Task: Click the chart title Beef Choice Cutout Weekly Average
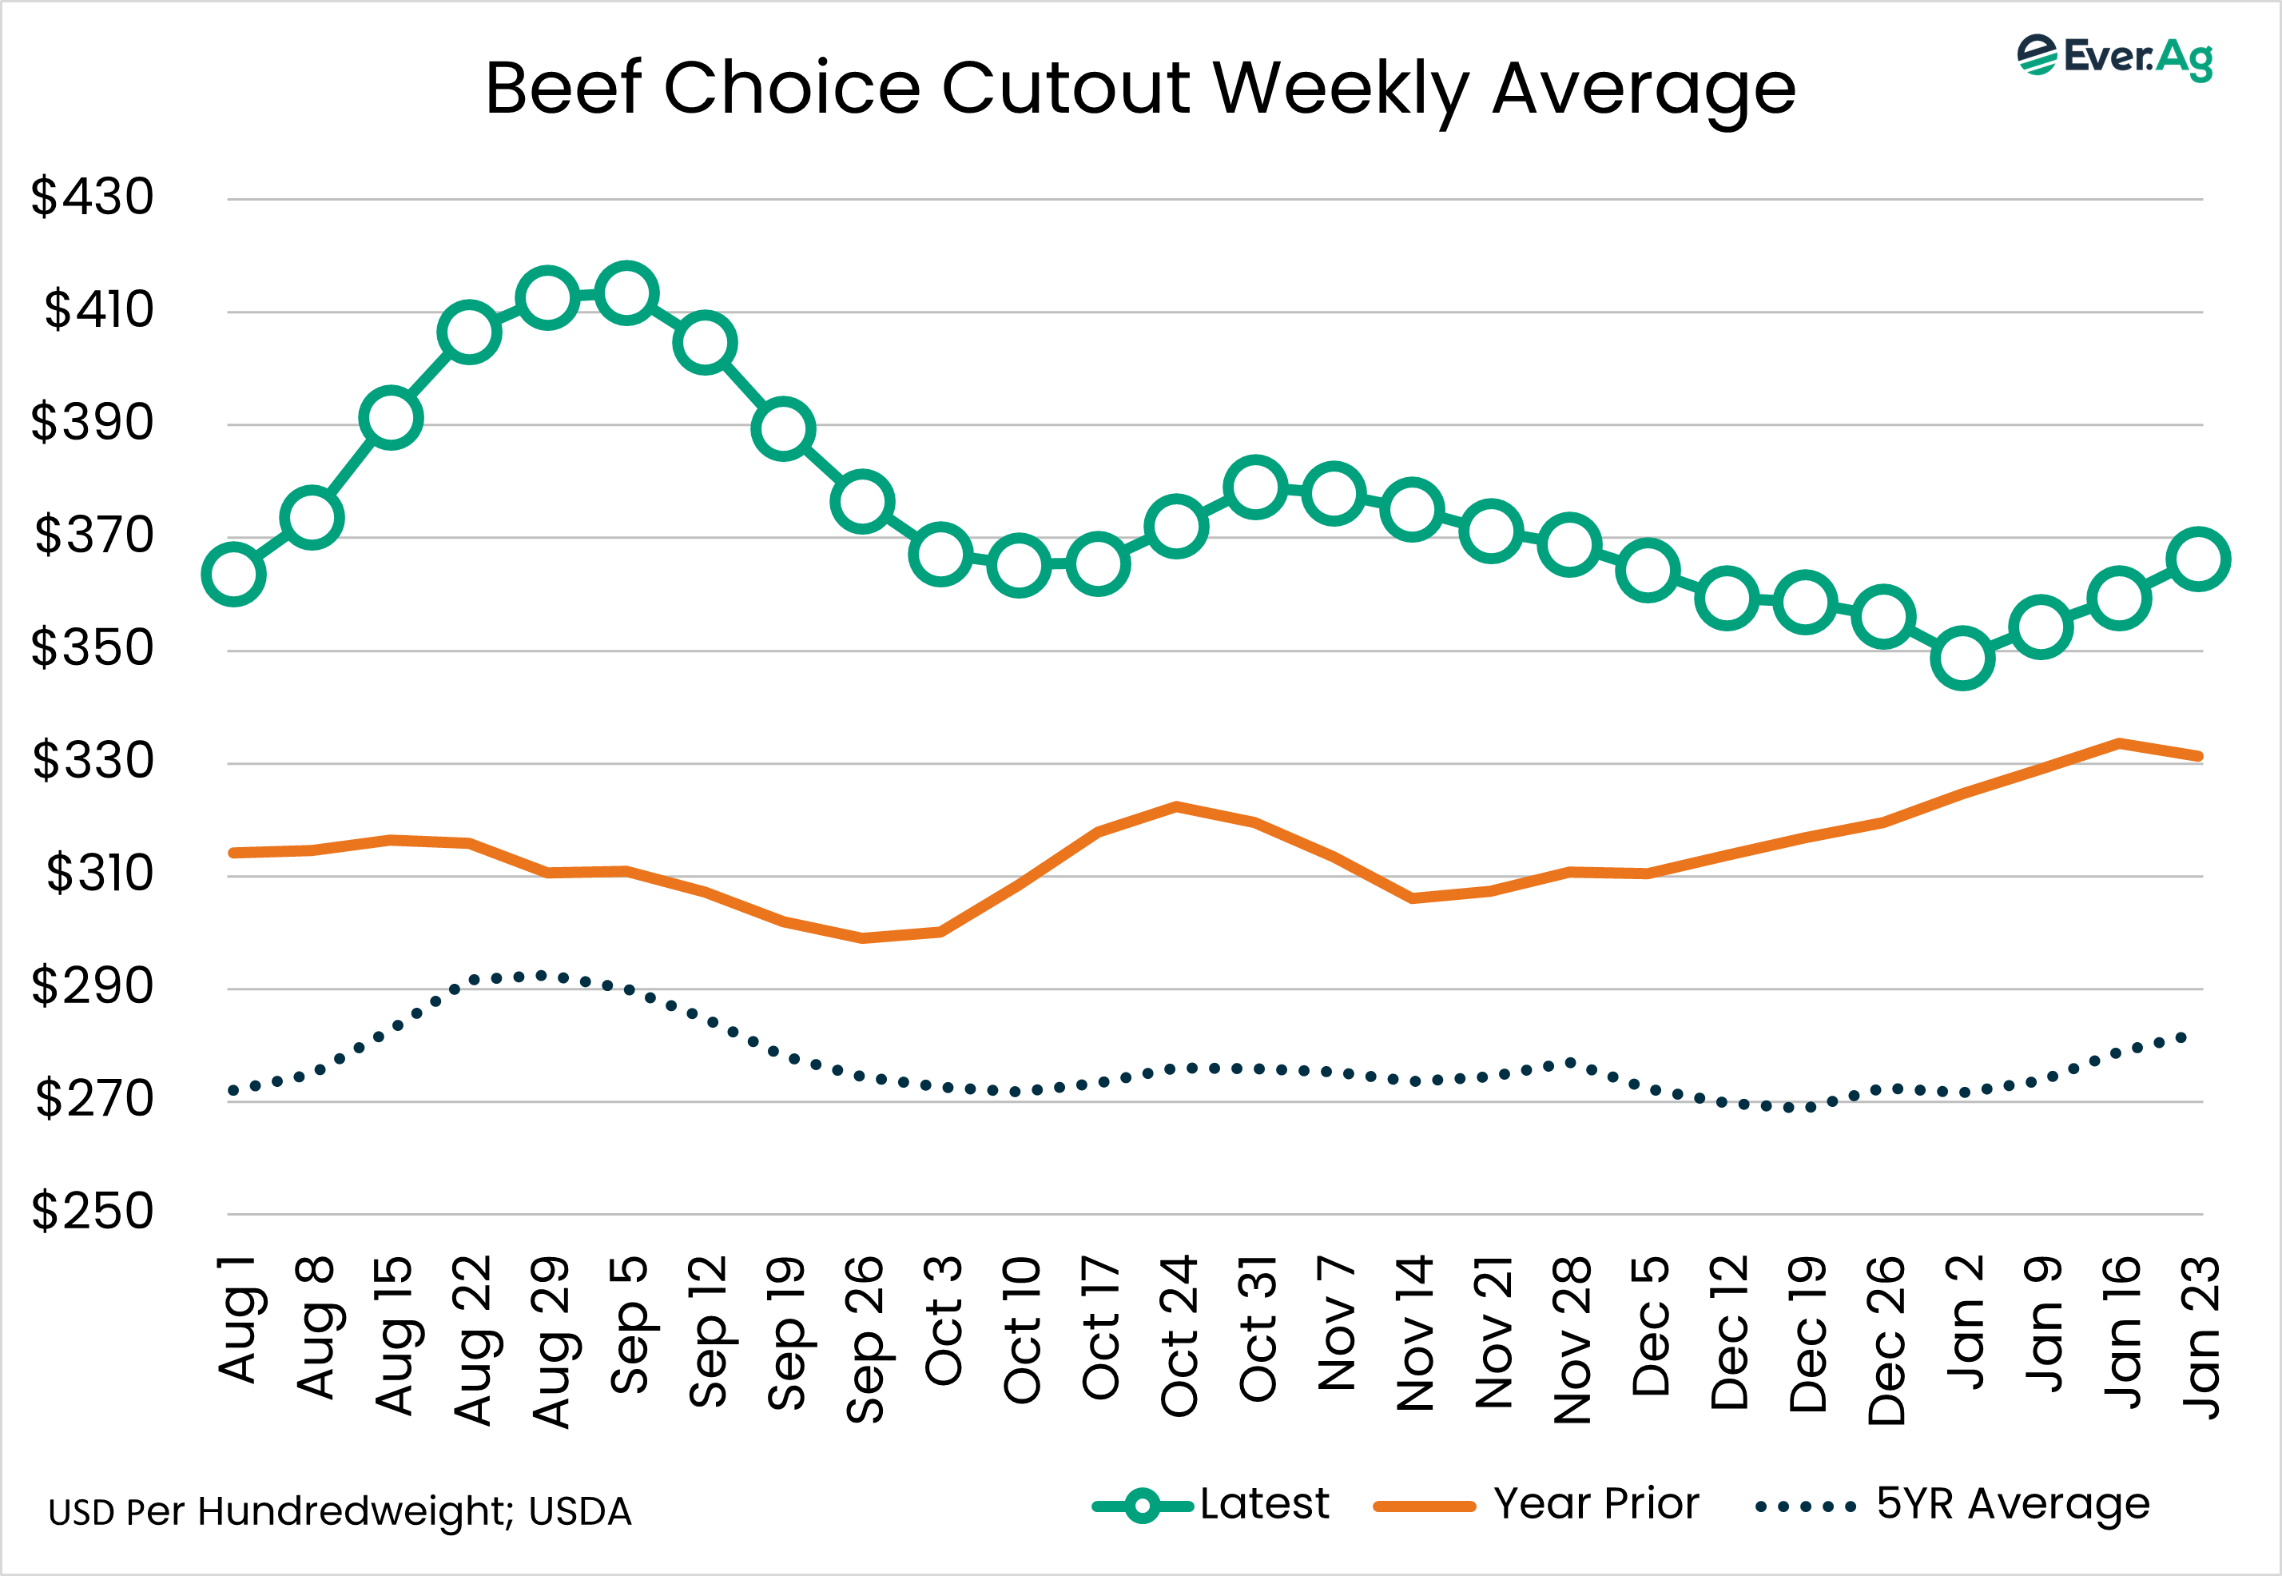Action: tap(1139, 89)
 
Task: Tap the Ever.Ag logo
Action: tap(2114, 58)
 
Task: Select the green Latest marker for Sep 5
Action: tap(626, 293)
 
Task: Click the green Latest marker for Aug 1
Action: tap(233, 574)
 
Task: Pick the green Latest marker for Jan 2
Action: tap(1962, 658)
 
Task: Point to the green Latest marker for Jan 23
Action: tap(2199, 559)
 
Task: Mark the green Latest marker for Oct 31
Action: tap(1254, 487)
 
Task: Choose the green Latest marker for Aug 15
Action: tap(391, 418)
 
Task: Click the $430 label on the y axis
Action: tap(93, 197)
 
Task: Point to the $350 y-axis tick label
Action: tap(93, 648)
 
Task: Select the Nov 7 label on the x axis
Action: tap(1337, 1323)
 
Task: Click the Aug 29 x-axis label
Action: tap(551, 1341)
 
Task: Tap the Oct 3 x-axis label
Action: tap(943, 1319)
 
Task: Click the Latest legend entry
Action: tap(1212, 1505)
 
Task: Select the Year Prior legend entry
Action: tap(1537, 1505)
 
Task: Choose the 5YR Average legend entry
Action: tap(1952, 1505)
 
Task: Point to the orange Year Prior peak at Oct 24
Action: tap(1176, 806)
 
